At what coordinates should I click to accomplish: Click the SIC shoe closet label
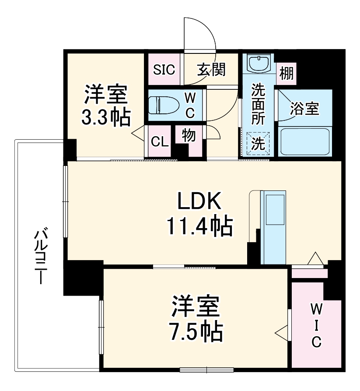[164, 69]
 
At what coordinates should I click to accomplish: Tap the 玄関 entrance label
[211, 69]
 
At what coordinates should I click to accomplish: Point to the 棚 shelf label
[286, 73]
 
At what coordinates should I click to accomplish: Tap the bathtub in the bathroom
[304, 140]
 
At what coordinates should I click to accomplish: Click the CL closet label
[160, 142]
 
